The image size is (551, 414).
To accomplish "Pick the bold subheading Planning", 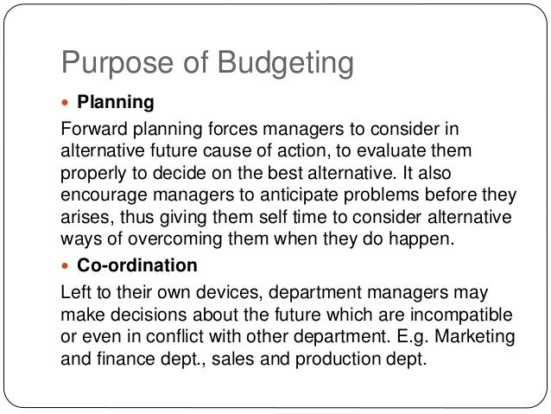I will click(116, 104).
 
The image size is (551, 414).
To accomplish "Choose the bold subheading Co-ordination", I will click(137, 264).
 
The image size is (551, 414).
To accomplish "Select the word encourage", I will click(102, 193).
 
